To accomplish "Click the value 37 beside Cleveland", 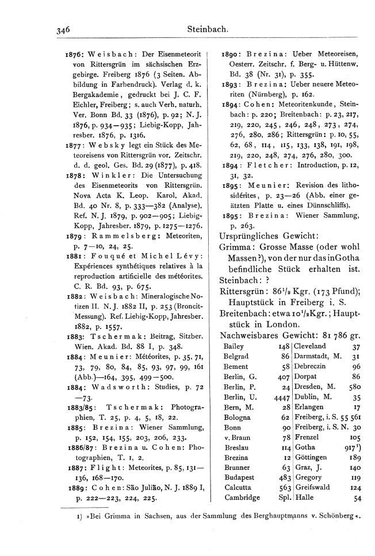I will click(357, 346).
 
